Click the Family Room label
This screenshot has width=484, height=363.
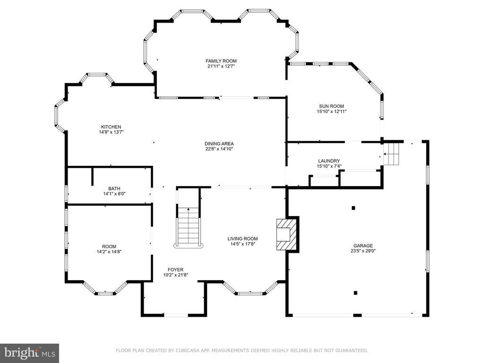point(221,61)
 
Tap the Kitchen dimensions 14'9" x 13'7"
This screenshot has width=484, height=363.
point(111,132)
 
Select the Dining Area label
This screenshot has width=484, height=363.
point(219,144)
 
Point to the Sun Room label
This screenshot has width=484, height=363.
point(331,106)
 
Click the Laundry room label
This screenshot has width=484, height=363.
point(329,161)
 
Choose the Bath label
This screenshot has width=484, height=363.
point(114,189)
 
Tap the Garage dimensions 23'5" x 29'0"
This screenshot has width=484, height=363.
point(363,251)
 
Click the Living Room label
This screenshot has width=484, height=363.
point(242,239)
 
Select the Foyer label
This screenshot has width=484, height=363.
point(176,270)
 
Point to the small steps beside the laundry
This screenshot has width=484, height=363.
point(391,154)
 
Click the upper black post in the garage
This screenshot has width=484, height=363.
point(354,208)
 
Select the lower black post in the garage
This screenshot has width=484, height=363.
point(355,293)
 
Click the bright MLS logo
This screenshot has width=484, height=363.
point(30,353)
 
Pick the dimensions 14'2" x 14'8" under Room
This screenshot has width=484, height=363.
point(109,251)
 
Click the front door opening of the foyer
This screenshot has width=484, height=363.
point(176,315)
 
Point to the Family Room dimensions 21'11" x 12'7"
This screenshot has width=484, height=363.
point(221,66)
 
